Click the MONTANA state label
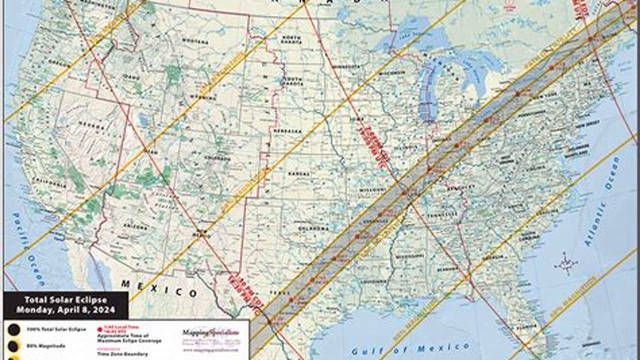(x=195, y=41)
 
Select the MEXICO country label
(x=159, y=288)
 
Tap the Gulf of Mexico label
(x=410, y=348)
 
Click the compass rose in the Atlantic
(x=565, y=264)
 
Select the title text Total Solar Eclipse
(x=66, y=300)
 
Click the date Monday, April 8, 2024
(x=66, y=310)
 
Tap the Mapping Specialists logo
(x=211, y=332)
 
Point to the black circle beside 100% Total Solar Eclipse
(x=14, y=329)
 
